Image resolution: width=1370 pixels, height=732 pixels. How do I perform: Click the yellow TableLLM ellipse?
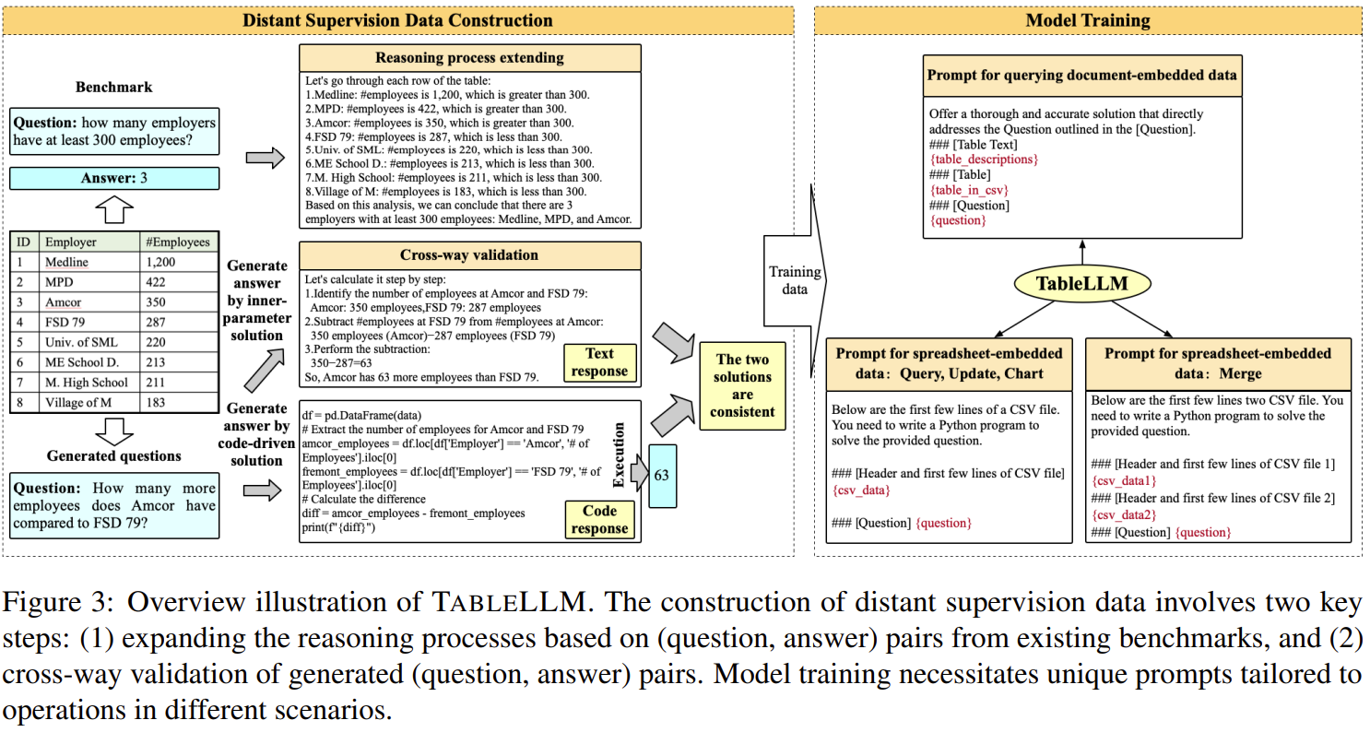tap(1082, 283)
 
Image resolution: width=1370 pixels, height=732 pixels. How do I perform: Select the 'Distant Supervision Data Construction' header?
tap(398, 20)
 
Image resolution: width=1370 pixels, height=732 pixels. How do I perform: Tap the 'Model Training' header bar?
tap(1088, 20)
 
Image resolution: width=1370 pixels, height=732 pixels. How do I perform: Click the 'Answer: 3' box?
tap(114, 178)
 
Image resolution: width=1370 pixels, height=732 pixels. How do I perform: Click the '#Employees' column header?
tap(178, 242)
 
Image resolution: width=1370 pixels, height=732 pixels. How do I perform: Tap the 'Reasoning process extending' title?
tap(469, 58)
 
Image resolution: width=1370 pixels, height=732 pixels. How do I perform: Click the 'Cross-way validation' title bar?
tap(469, 255)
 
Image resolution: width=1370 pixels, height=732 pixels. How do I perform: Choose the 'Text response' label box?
tap(599, 362)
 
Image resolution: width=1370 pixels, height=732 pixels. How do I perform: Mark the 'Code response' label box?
tap(599, 520)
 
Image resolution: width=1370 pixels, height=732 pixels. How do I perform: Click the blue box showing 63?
tap(662, 476)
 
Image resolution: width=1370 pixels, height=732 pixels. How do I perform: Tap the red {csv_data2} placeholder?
tap(1123, 514)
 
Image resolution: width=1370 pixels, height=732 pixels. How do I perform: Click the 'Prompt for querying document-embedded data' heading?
tap(1082, 74)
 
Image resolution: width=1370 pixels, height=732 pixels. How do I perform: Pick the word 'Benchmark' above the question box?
tap(113, 88)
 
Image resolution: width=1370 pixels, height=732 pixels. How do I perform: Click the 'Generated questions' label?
tap(113, 456)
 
